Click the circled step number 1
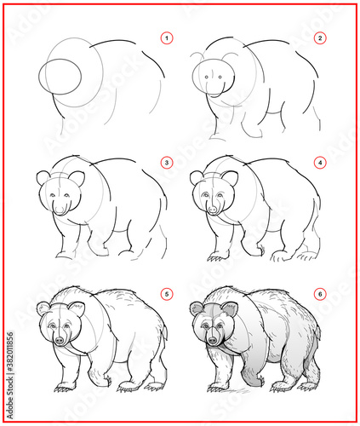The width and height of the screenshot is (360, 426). (x=167, y=38)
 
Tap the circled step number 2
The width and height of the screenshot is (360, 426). (x=320, y=38)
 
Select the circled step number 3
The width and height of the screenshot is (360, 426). (x=167, y=163)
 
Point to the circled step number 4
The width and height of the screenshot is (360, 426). (x=320, y=163)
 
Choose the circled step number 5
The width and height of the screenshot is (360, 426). (x=167, y=294)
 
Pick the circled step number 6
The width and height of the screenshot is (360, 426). (x=320, y=294)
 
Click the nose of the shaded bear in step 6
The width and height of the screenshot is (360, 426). (x=212, y=340)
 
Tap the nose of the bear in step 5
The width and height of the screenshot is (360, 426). (x=60, y=340)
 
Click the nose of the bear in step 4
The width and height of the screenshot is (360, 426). (x=213, y=210)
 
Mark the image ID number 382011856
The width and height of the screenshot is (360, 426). (x=10, y=352)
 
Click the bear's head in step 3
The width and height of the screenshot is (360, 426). (x=60, y=193)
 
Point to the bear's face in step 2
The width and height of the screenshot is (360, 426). (x=214, y=78)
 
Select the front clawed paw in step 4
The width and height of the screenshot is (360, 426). (x=218, y=256)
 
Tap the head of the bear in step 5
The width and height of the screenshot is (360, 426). (x=60, y=324)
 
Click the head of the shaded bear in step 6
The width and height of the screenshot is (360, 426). (x=214, y=324)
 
